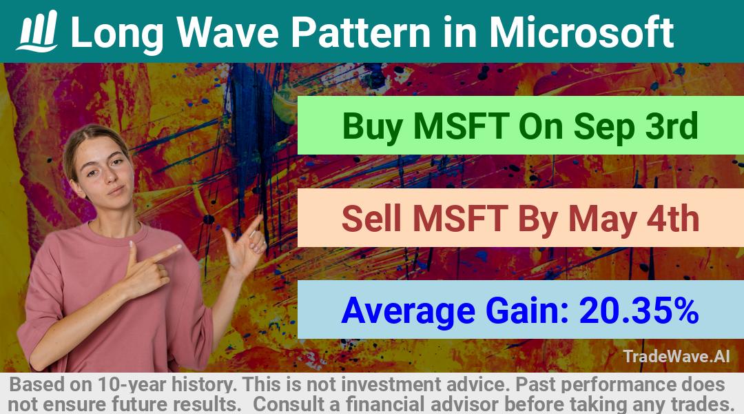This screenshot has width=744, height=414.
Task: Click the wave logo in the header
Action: (37, 31)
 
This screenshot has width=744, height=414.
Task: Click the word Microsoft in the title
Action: (581, 32)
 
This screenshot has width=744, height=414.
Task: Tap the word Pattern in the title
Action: (360, 32)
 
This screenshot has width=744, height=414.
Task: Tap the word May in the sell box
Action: (603, 219)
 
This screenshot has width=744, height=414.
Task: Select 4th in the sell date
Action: (674, 218)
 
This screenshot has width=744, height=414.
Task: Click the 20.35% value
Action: (639, 310)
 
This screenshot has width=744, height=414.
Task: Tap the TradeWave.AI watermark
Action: (676, 356)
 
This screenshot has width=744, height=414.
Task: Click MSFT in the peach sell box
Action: (459, 218)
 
